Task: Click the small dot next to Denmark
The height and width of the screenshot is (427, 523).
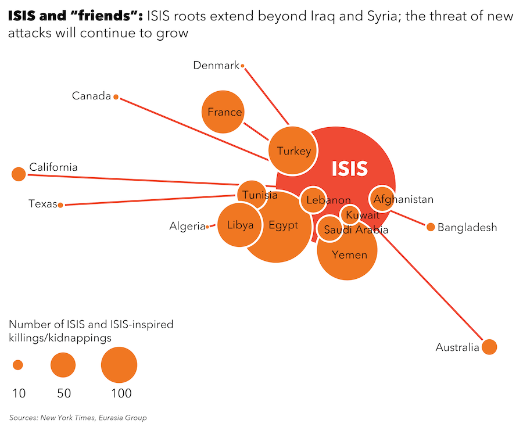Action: [243, 66]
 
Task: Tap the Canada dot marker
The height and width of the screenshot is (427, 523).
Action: [116, 97]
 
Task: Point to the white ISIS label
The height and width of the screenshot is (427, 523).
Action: [349, 168]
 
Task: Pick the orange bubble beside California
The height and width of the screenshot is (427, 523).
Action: [19, 174]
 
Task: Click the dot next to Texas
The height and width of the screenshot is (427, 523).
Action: [60, 204]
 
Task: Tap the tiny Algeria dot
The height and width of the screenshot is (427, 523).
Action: [207, 227]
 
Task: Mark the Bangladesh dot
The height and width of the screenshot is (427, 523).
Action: [431, 227]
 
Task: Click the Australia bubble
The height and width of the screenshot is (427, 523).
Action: [489, 347]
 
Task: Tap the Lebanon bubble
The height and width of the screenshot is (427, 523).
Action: [313, 200]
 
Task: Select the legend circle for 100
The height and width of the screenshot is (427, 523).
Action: [119, 365]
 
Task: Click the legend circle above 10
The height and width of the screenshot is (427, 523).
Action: [18, 365]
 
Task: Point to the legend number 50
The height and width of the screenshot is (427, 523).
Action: [64, 393]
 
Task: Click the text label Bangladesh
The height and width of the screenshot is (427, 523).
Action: [467, 227]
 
